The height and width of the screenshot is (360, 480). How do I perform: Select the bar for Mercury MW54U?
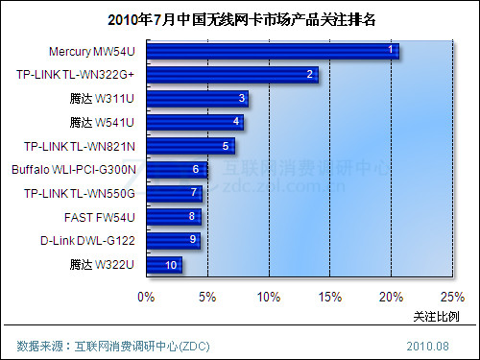click(273, 50)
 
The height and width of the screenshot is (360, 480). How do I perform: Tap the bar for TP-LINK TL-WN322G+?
click(232, 74)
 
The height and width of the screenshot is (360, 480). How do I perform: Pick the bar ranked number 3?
click(197, 98)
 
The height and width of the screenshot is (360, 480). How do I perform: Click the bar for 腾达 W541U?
click(195, 122)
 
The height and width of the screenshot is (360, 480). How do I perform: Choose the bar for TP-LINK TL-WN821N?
click(190, 146)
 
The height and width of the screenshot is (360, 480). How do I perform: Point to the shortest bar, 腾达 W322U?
click(164, 264)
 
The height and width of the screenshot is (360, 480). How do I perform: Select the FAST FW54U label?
click(99, 217)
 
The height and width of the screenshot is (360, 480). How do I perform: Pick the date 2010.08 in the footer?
click(427, 345)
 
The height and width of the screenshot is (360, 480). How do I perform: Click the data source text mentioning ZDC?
click(113, 345)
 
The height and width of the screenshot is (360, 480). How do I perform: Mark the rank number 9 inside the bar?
click(193, 240)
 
